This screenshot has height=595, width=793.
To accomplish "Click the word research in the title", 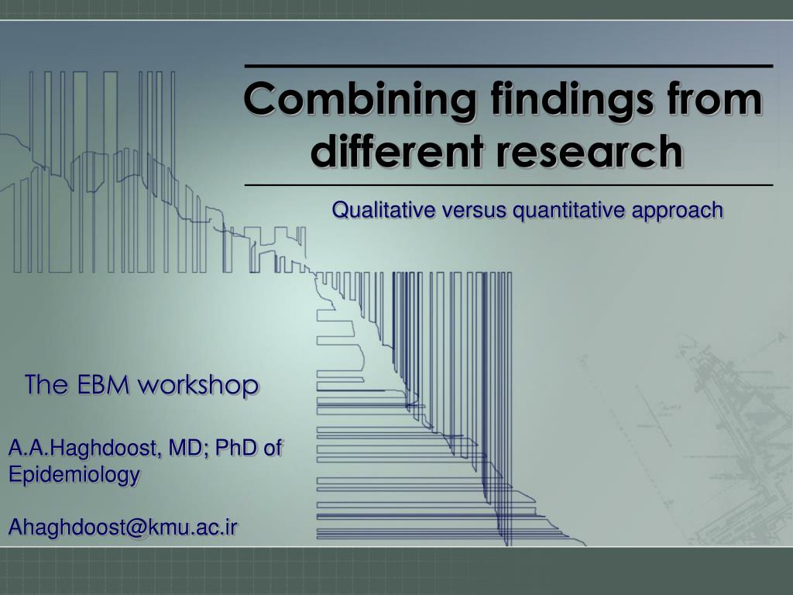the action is click(x=589, y=151).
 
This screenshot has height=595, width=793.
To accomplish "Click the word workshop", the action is click(x=198, y=386).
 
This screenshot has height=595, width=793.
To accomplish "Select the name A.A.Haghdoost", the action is click(x=83, y=449).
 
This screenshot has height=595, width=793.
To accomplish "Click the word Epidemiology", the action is click(x=74, y=475).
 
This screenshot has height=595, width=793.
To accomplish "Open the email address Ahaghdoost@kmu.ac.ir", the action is click(x=123, y=527).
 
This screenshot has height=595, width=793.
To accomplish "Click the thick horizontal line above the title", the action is click(x=509, y=66).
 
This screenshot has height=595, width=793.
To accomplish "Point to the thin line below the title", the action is click(x=509, y=185).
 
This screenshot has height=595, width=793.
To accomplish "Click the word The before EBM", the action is click(x=46, y=384).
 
